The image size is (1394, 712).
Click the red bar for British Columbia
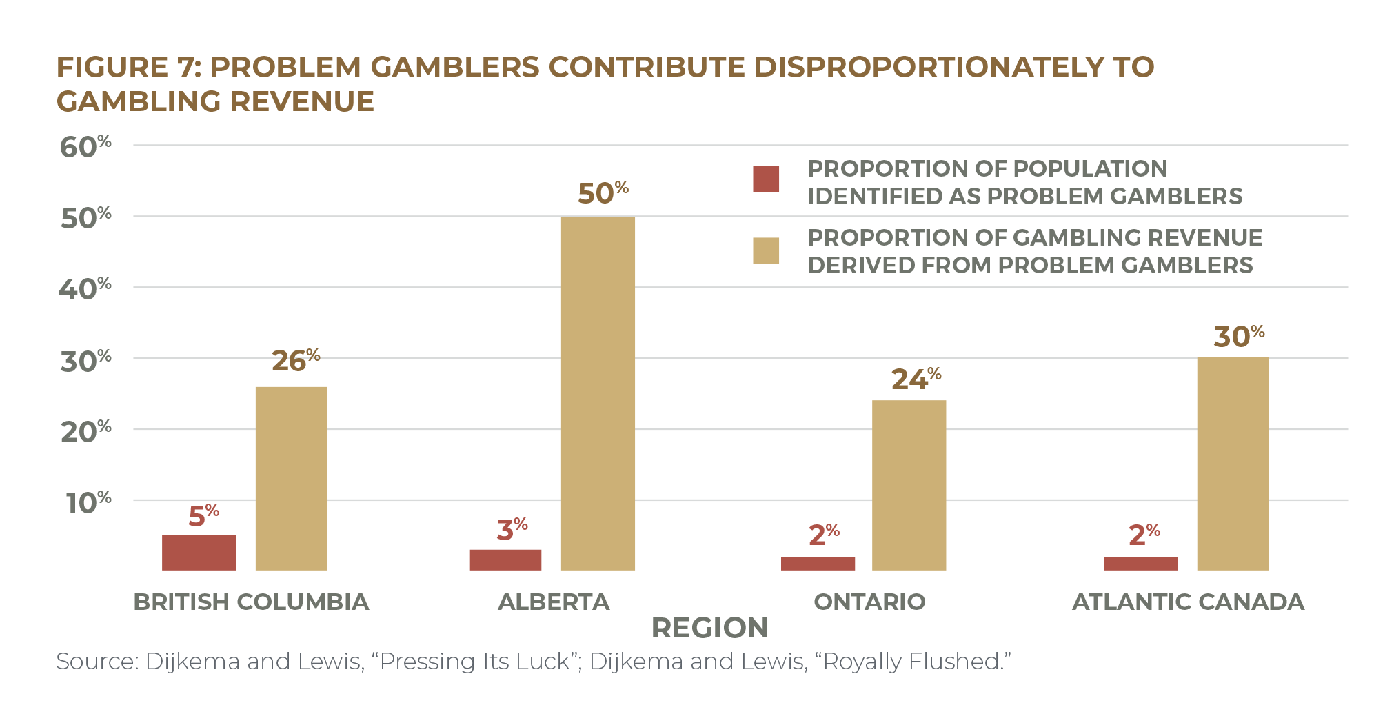[199, 552]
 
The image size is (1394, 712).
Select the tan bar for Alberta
[598, 393]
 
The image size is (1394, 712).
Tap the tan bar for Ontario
[909, 485]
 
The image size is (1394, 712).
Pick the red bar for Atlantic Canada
[1140, 563]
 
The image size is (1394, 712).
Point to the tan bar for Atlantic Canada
[1233, 464]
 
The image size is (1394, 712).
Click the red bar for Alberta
[505, 560]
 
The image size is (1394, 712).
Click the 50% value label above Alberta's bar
[603, 193]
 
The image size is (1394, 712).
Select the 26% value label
[295, 360]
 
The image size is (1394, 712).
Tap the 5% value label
[203, 515]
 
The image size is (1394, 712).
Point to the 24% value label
[916, 379]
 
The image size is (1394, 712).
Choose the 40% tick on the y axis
[85, 288]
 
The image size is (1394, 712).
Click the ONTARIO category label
[869, 602]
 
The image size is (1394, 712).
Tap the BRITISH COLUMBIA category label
[251, 602]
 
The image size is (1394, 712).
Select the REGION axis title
[709, 628]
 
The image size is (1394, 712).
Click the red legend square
[766, 179]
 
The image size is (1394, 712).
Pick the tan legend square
[766, 250]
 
